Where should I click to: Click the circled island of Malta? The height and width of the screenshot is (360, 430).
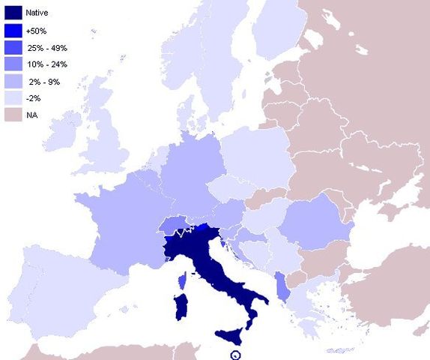(235, 355)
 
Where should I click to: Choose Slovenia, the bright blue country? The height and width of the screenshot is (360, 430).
(202, 226)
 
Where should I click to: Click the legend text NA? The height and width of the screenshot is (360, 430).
(31, 115)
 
